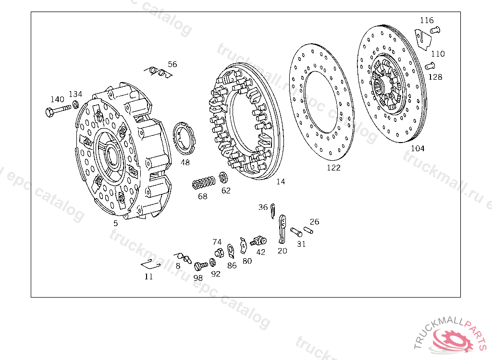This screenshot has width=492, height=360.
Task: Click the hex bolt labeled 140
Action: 58,110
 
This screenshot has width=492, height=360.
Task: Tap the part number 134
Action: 75,94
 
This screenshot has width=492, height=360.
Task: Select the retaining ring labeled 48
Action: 184,138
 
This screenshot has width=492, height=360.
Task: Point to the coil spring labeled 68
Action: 204,183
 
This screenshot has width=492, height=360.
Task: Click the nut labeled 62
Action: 223,178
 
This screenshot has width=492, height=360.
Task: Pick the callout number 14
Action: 281,181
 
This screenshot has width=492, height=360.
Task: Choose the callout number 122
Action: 333,168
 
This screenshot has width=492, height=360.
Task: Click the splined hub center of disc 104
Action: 380,85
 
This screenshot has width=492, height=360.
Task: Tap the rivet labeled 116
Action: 435,30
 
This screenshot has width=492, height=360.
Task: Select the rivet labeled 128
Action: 430,66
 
